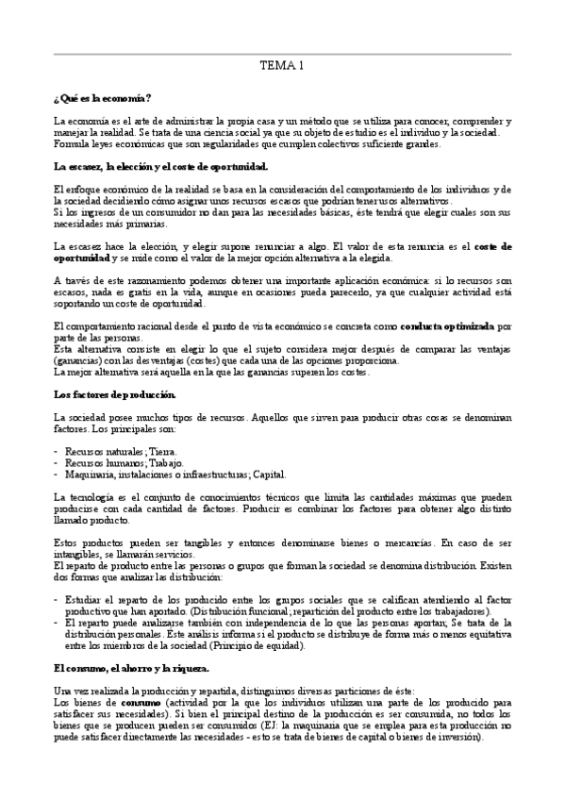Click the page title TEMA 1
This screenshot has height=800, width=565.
pos(282,67)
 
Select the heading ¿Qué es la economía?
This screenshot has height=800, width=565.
pos(104,99)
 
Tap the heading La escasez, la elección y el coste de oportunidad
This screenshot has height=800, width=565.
pos(161,167)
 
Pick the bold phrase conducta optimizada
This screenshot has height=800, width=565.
pos(447,325)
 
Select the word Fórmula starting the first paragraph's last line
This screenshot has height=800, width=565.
pos(71,143)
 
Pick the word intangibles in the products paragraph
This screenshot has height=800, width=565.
pos(79,555)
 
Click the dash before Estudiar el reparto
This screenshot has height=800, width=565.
pos(57,600)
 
